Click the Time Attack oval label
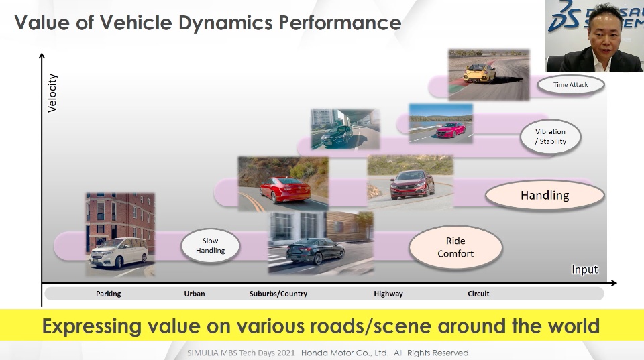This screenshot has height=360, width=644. coord(570,85)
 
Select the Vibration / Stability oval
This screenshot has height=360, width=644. coord(550,137)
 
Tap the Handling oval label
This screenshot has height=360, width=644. coord(544,196)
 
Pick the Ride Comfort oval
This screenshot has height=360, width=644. coord(455,247)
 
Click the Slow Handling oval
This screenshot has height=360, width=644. coord(210,245)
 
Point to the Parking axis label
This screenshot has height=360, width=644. coord(108,294)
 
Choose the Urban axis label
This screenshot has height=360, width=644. coord(195,294)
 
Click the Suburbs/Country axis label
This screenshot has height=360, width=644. coord(278,294)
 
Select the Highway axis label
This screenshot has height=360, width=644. coord(388,294)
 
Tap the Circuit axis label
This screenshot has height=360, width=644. coord(478,294)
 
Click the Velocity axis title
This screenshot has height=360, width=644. coord(52,93)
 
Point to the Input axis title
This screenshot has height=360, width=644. coord(584,269)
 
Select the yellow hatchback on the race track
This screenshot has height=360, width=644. coord(480,72)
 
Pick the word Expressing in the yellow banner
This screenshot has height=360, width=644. coord(91,326)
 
